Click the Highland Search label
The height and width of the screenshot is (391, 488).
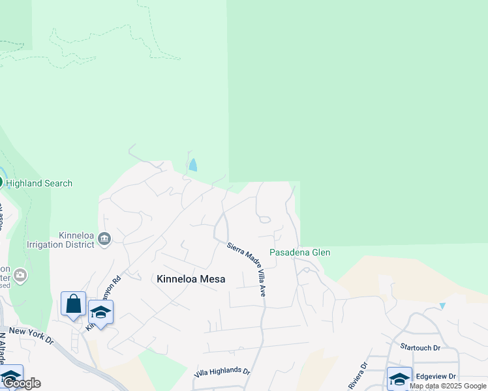(39, 183)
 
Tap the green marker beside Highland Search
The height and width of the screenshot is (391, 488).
(1, 182)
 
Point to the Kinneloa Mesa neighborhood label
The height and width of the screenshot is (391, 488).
(191, 279)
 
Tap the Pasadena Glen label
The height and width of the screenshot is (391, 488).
(300, 252)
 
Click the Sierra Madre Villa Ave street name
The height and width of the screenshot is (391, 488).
(247, 269)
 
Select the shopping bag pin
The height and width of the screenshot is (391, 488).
(73, 304)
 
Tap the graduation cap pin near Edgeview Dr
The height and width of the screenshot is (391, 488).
(399, 378)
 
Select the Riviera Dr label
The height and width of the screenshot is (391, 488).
(355, 375)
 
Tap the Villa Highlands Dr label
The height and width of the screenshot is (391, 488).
(222, 373)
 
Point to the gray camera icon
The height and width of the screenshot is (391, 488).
(20, 275)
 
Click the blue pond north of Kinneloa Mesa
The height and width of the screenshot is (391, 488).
(192, 165)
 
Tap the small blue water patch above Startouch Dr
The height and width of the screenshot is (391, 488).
(442, 306)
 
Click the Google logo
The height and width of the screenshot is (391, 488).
(22, 383)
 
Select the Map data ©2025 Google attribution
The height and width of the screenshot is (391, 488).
(448, 386)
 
